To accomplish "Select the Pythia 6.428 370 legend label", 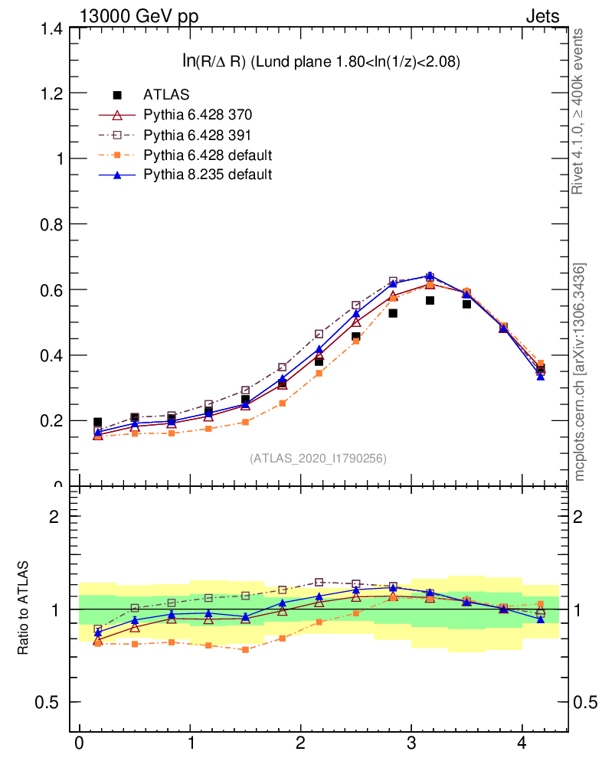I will pyautogui.click(x=198, y=115).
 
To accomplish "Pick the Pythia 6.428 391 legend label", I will pyautogui.click(x=198, y=135).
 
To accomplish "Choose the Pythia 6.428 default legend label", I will pyautogui.click(x=208, y=155).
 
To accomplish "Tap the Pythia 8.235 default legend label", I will pyautogui.click(x=208, y=175).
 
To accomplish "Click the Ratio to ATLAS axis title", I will pyautogui.click(x=24, y=609).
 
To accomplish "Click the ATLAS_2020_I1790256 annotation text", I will pyautogui.click(x=318, y=459).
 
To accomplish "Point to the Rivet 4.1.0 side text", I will pyautogui.click(x=579, y=111).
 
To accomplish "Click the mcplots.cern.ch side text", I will pyautogui.click(x=580, y=371).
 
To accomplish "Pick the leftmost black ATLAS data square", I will pyautogui.click(x=97, y=423).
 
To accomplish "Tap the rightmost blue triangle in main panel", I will pyautogui.click(x=541, y=376).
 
